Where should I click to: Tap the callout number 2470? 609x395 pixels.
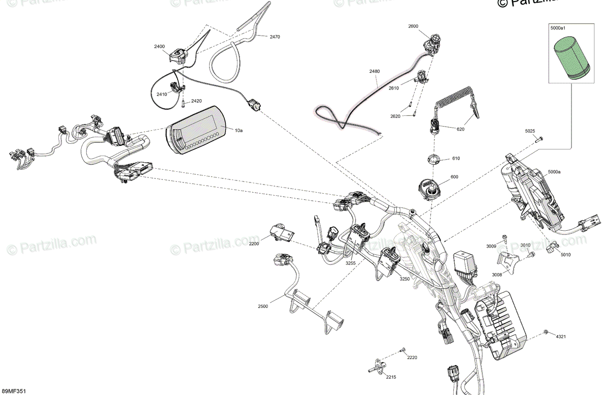coord(275,37)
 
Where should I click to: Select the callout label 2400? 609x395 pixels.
coord(159,46)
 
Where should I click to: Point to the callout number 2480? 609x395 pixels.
coord(374,72)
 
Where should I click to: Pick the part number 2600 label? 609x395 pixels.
coord(414,26)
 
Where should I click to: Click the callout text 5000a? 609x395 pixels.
coord(554,172)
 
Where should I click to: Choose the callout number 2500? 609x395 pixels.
coord(262,306)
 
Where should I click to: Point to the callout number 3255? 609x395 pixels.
coord(336,263)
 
